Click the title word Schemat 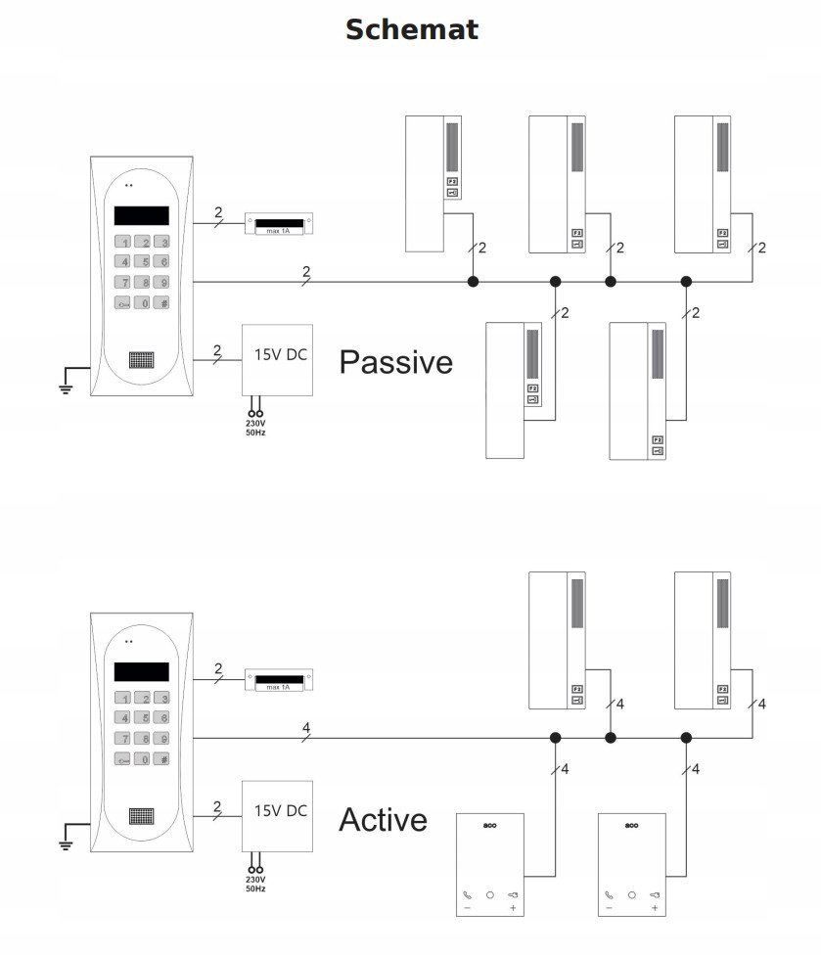[411, 29]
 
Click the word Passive [395, 362]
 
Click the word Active [383, 819]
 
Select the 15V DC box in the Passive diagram [278, 359]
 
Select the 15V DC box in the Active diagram [278, 815]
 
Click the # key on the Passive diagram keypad [163, 303]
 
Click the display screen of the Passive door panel [141, 215]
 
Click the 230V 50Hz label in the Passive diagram [256, 427]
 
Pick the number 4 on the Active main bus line [306, 728]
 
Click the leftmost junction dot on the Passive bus [473, 282]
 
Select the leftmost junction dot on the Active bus [555, 738]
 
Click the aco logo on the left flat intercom [489, 826]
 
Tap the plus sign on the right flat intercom [655, 909]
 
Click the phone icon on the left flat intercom [466, 894]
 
